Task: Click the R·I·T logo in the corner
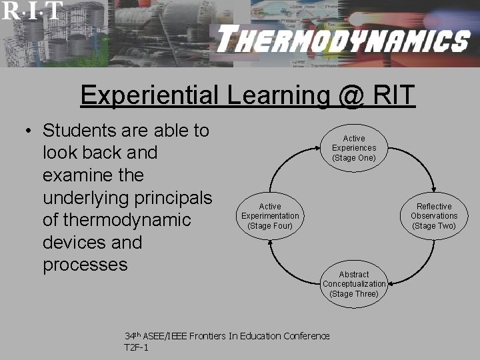pos(32,11)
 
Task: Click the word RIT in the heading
pos(393,96)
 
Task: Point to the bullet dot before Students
pos(29,131)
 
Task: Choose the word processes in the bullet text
pos(85,265)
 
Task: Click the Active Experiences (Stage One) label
pos(354,148)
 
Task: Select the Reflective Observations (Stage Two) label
pos(434,216)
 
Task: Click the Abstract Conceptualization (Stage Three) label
pos(354,284)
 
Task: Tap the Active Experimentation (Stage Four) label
pos(270,216)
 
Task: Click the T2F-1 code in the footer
pos(137,348)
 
